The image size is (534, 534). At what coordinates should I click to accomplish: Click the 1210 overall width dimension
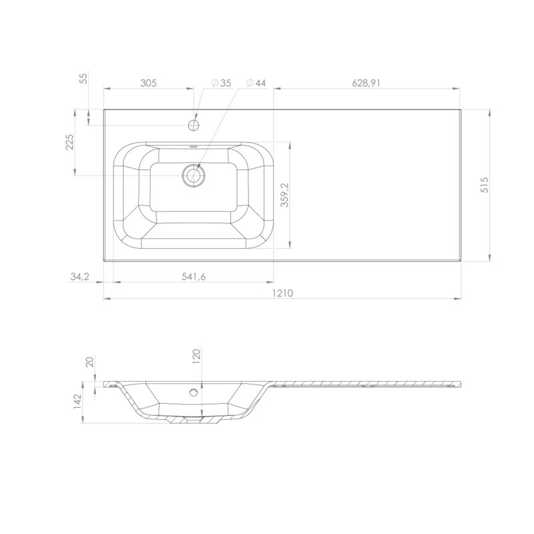click(x=282, y=293)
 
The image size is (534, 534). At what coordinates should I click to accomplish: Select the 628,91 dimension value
click(x=366, y=83)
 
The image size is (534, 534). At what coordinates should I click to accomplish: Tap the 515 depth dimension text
click(x=485, y=185)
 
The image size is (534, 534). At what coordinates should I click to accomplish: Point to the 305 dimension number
click(x=148, y=83)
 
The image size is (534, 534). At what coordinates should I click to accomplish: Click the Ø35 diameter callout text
click(x=221, y=83)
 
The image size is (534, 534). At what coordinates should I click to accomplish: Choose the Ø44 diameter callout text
click(x=256, y=83)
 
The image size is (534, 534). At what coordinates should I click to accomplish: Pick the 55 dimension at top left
click(x=83, y=78)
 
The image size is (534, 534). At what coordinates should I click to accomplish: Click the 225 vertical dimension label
click(x=69, y=142)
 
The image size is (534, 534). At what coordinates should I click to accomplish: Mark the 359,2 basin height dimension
click(x=285, y=195)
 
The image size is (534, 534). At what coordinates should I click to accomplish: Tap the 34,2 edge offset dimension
click(x=79, y=277)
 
